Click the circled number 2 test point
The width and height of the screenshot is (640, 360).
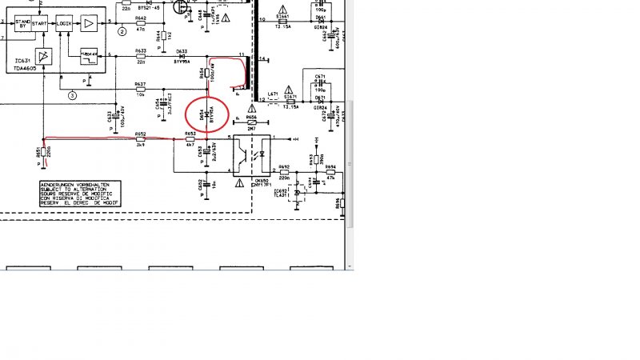point(122,32)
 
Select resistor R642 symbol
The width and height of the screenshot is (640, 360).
point(141,24)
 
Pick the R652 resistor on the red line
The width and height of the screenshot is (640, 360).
point(141,139)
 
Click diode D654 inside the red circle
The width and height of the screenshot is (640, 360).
point(207,114)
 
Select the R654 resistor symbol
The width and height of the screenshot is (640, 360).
point(207,74)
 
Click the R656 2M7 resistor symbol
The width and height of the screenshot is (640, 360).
point(251,122)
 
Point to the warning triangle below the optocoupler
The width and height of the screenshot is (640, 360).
point(239,182)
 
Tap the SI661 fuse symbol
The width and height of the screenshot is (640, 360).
point(282,22)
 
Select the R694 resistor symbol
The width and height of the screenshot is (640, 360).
point(330,173)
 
